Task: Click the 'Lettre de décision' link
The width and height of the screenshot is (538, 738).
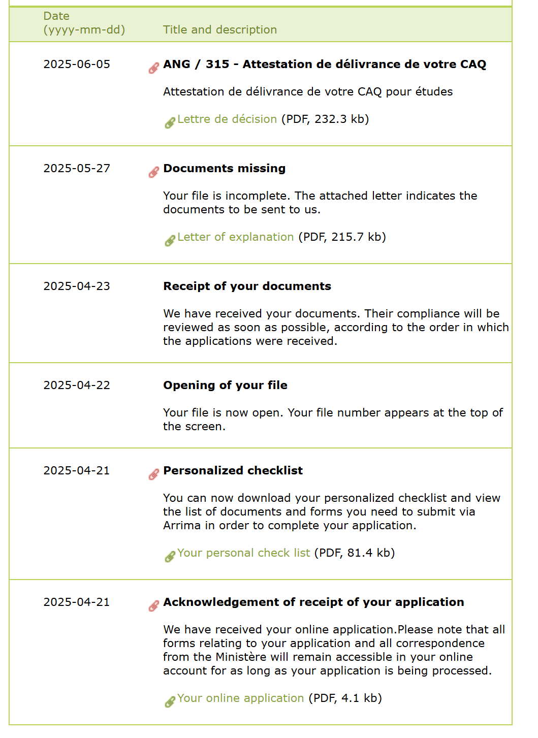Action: click(x=227, y=119)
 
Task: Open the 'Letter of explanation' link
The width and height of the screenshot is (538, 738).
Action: click(x=235, y=237)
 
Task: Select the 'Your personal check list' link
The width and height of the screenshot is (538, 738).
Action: click(x=243, y=553)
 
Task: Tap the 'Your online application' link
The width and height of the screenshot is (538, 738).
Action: click(x=240, y=698)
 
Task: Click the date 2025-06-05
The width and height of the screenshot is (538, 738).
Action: click(x=77, y=65)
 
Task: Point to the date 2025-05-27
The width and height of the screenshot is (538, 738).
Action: click(x=77, y=169)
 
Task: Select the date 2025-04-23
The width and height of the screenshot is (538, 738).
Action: click(x=77, y=286)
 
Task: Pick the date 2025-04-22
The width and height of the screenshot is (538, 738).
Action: click(x=77, y=386)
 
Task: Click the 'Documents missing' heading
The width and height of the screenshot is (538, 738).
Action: click(x=224, y=169)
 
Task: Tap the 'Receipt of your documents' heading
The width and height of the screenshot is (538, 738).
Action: click(x=247, y=286)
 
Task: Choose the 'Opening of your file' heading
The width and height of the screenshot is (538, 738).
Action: click(x=225, y=386)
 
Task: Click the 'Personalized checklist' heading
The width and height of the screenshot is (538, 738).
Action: click(x=233, y=471)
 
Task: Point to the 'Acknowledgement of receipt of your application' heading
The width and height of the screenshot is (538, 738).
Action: click(x=313, y=602)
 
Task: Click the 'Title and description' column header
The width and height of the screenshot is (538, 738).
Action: click(x=219, y=30)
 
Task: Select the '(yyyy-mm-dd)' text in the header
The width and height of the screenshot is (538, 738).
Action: click(x=84, y=30)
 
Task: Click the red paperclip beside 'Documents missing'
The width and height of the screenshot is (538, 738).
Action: click(x=153, y=172)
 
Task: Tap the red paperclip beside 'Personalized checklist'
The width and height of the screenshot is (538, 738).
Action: click(x=153, y=474)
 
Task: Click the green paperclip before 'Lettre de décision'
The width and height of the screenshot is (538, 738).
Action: click(x=170, y=123)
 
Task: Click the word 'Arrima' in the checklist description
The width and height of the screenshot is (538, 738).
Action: click(x=182, y=526)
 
